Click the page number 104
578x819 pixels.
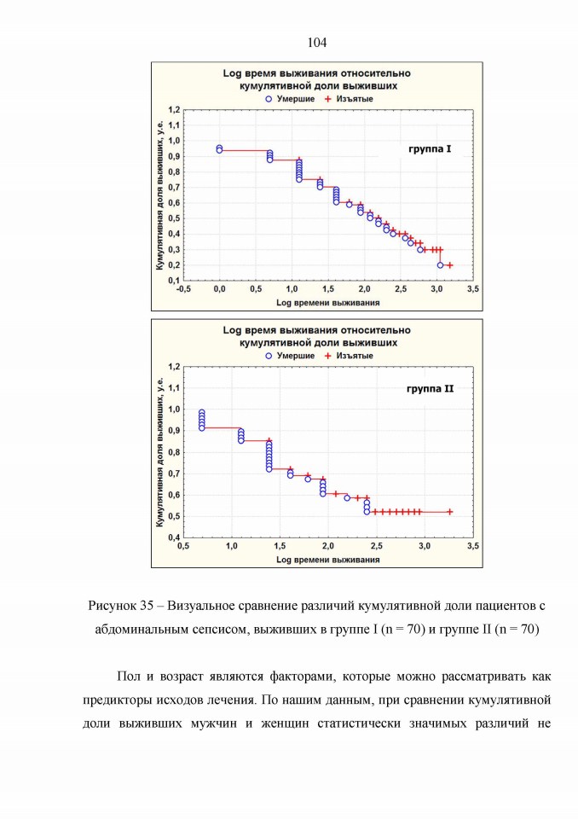tap(317, 43)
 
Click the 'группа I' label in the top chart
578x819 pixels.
tap(429, 148)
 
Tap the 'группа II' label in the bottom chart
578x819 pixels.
tap(431, 389)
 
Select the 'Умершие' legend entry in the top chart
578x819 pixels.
tap(290, 99)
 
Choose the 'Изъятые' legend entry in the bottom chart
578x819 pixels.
tap(349, 356)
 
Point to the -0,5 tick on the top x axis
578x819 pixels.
tap(183, 289)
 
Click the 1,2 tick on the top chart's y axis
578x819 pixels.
tap(174, 110)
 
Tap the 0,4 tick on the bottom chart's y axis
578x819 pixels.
tap(174, 537)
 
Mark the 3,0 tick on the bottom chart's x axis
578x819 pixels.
tap(425, 546)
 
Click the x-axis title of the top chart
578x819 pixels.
tap(328, 302)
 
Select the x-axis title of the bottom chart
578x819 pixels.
tap(328, 560)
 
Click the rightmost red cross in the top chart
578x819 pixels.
tap(449, 265)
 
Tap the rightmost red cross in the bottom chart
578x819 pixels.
tap(450, 513)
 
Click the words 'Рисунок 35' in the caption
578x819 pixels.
tap(120, 606)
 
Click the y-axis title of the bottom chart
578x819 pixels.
tap(159, 452)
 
